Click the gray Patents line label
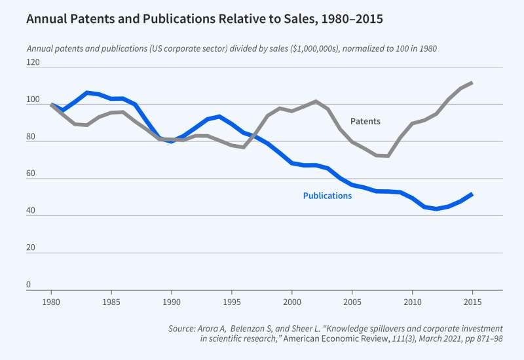coord(365,122)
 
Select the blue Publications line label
coord(327,196)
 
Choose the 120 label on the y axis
coord(33,63)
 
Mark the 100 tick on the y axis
coord(33,101)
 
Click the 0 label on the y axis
coord(29,285)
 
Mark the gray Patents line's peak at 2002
coord(316,101)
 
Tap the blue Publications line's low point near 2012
coord(436,209)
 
